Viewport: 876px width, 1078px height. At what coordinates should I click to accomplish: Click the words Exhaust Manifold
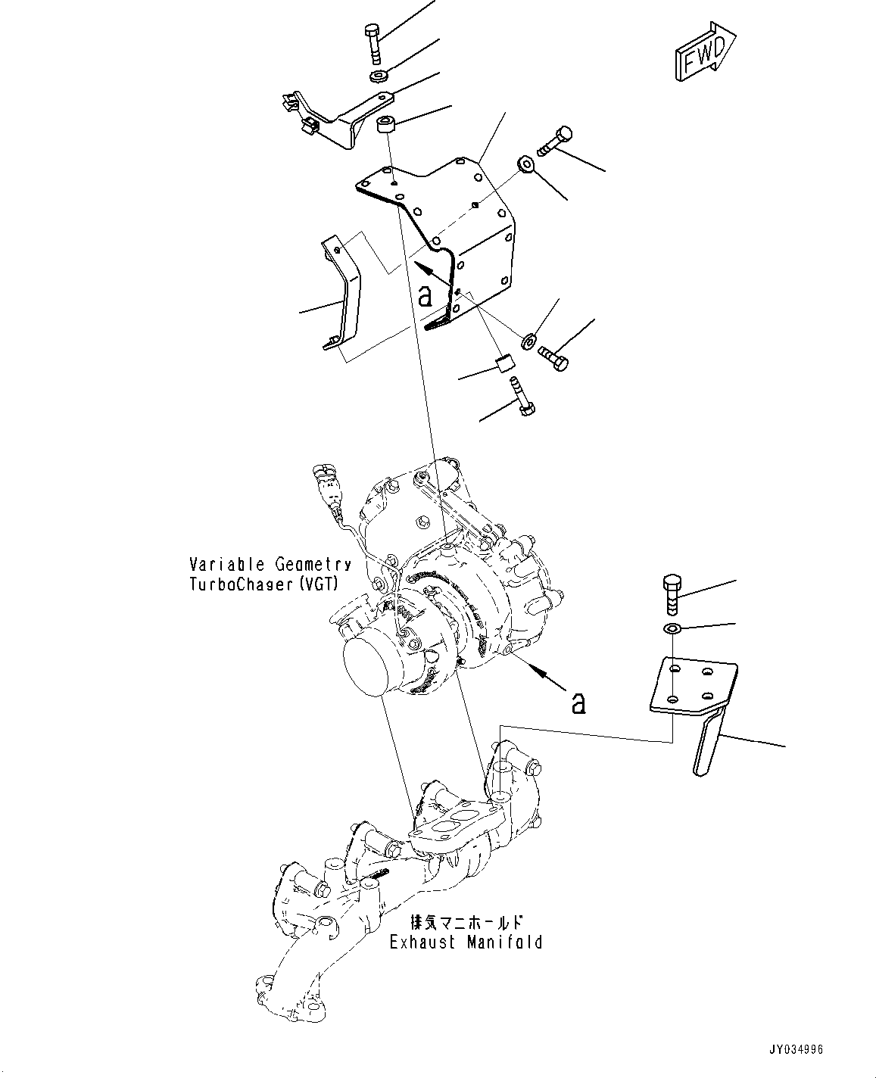tap(466, 942)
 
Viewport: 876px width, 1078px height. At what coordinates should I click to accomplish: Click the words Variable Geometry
tap(270, 564)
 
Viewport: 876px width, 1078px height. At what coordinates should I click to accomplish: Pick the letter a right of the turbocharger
tap(578, 703)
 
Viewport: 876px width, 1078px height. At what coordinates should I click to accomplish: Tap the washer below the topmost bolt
tap(379, 76)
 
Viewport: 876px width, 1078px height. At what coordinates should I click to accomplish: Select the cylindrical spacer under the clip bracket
tap(388, 125)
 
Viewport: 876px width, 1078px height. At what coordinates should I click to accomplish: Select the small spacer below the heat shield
tap(505, 363)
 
